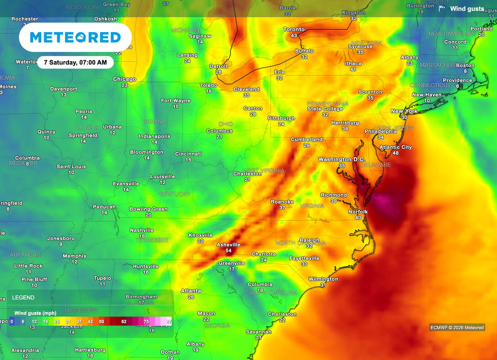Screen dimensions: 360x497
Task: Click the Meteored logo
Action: (75, 37)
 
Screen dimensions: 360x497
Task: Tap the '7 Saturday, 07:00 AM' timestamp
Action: (75, 63)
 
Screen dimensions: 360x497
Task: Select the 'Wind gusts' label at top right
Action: (466, 9)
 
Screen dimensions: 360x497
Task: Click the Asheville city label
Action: (228, 245)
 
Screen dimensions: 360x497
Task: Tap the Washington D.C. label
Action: (341, 160)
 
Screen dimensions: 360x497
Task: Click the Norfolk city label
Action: (358, 212)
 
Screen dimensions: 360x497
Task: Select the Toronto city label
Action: (294, 30)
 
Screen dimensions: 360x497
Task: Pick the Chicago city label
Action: (124, 79)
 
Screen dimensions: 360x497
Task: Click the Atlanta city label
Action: (191, 291)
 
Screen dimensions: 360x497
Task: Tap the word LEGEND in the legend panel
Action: (23, 297)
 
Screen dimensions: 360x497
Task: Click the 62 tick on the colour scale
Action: (124, 321)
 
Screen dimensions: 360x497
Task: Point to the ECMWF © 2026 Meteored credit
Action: (457, 327)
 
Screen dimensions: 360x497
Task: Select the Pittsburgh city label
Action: (281, 118)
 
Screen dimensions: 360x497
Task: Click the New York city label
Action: (404, 111)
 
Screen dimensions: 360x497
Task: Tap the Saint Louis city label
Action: (71, 166)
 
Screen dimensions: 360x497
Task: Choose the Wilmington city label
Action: (323, 279)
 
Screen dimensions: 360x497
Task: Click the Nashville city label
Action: (142, 230)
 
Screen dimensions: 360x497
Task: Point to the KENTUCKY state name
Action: (175, 194)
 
